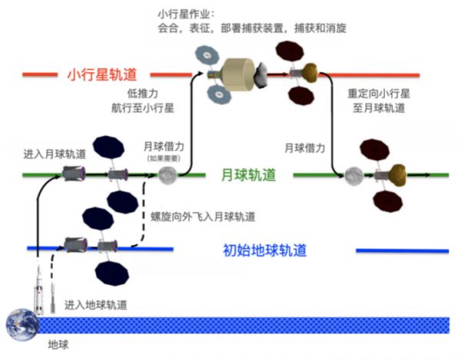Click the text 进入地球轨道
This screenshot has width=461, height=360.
pyautogui.click(x=95, y=304)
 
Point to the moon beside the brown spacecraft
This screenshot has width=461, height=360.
pyautogui.click(x=353, y=176)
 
